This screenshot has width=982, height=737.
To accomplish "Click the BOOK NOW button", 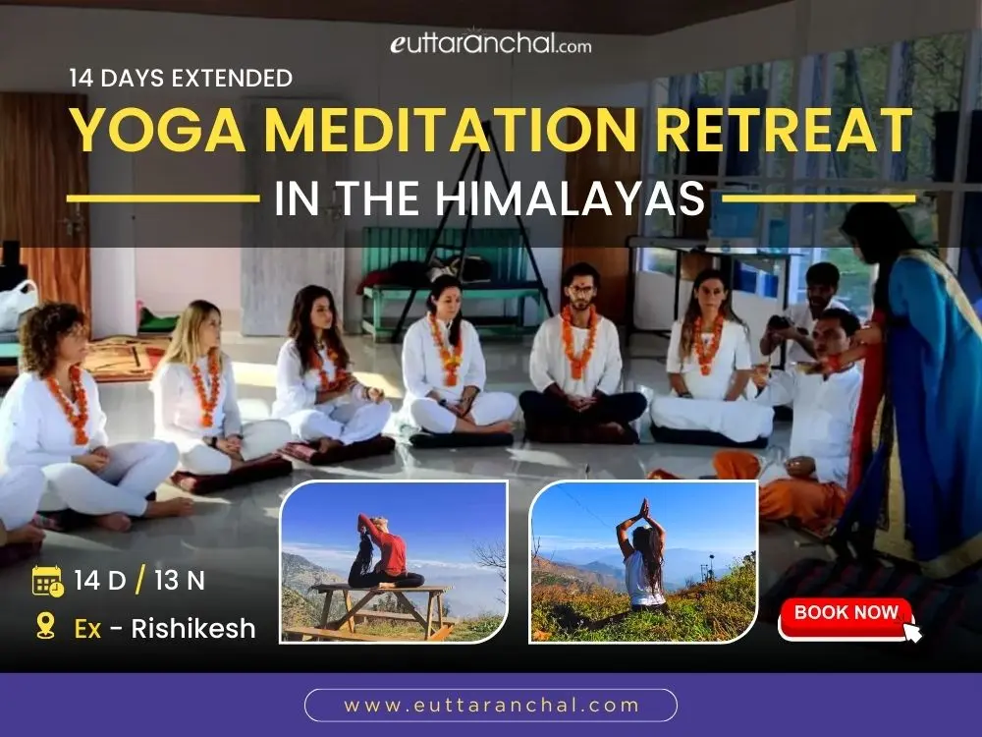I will click(846, 613).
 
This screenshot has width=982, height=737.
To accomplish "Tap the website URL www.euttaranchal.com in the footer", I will click(491, 705).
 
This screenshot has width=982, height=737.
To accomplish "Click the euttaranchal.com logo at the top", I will click(491, 43).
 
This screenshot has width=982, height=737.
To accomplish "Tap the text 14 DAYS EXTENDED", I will click(181, 78).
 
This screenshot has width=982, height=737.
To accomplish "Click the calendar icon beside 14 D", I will click(47, 581).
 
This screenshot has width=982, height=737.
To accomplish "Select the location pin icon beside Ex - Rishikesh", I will click(45, 627).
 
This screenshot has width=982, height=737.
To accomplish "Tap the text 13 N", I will click(179, 581).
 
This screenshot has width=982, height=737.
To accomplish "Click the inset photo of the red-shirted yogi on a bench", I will click(394, 561).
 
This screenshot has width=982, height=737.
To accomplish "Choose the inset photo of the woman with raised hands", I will click(643, 561).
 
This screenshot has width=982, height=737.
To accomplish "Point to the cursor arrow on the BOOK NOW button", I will click(911, 631).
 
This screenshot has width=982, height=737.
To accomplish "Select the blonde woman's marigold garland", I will click(205, 388).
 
